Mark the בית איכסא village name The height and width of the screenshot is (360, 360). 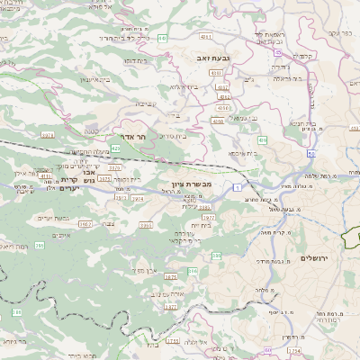click(242, 153)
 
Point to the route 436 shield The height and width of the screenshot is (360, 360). click(262, 139)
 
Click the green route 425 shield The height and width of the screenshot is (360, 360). click(115, 148)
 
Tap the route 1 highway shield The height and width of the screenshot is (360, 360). click(237, 186)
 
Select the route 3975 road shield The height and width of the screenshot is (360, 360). click(208, 217)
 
